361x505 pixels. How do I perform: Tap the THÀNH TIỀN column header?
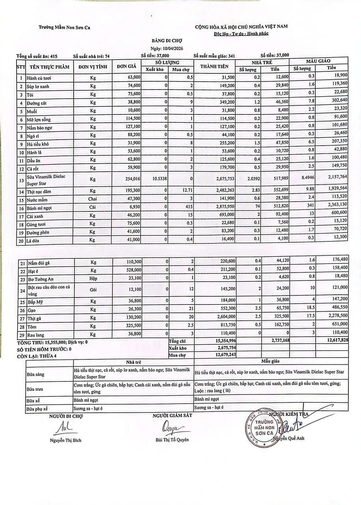pyautogui.click(x=214, y=66)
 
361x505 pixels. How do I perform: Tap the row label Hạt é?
pyautogui.click(x=32, y=271)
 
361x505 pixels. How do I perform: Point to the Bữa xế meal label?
pyautogui.click(x=33, y=400)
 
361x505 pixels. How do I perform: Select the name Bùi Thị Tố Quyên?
pyautogui.click(x=172, y=440)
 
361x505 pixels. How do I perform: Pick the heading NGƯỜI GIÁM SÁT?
pyautogui.click(x=172, y=416)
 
